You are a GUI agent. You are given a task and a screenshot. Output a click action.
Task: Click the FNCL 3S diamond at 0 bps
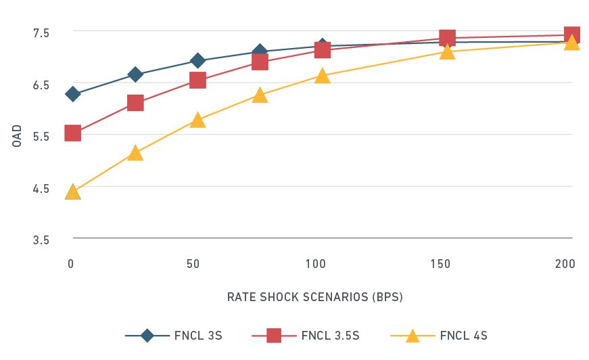click(72, 94)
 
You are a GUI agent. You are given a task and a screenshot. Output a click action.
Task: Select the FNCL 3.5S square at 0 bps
click(72, 133)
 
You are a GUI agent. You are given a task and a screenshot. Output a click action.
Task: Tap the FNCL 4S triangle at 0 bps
click(72, 192)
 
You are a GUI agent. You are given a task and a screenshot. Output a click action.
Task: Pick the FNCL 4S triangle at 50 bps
click(197, 120)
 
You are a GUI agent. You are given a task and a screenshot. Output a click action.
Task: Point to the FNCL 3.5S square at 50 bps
click(197, 80)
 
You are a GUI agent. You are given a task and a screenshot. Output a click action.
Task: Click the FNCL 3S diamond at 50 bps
click(197, 61)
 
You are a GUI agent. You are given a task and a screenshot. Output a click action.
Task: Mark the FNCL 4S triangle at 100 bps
click(323, 76)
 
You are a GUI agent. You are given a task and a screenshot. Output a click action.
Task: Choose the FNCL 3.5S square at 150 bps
click(447, 37)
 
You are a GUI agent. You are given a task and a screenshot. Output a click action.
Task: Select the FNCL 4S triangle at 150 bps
click(447, 52)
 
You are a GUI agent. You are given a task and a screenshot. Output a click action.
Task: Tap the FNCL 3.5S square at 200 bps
click(571, 35)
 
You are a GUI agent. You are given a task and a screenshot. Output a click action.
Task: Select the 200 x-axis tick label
click(565, 264)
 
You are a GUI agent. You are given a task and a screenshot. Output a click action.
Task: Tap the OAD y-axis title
click(18, 135)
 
